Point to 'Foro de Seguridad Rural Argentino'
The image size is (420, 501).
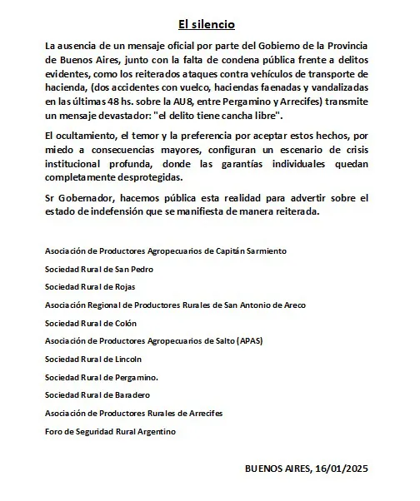coord(110,431)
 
